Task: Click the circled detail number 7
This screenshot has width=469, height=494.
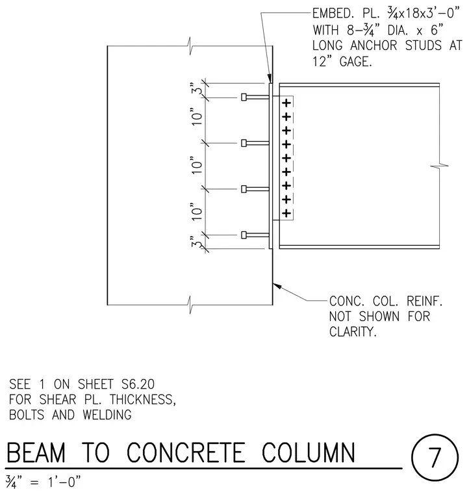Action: point(435,457)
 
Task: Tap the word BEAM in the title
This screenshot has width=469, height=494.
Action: point(36,452)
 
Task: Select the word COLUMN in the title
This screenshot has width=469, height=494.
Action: point(308,452)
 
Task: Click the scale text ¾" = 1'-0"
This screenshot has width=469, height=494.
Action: point(43,482)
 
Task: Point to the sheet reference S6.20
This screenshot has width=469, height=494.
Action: point(138,384)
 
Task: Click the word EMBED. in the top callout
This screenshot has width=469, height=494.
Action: point(333,14)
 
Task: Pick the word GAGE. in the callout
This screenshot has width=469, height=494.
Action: point(356,62)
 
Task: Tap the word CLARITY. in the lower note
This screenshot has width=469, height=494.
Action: point(353,331)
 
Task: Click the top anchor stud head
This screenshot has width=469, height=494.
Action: point(244,97)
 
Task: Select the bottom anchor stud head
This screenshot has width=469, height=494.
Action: point(244,235)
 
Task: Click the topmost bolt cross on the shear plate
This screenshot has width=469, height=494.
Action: point(286,103)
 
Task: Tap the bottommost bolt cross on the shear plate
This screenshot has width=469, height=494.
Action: point(286,213)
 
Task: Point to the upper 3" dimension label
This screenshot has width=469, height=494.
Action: point(196,88)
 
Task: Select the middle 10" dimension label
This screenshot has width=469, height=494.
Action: point(196,165)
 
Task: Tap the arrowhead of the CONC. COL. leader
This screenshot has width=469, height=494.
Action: point(277,286)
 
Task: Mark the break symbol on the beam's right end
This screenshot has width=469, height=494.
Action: point(439,165)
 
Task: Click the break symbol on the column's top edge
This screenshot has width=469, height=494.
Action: point(190,46)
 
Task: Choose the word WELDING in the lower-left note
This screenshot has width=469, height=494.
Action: point(107,415)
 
